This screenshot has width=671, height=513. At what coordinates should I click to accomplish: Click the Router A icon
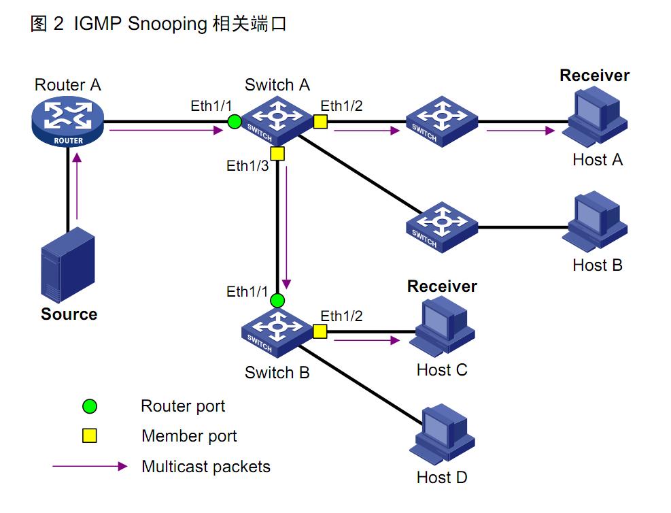point(68,123)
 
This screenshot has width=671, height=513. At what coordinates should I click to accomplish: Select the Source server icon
point(67,266)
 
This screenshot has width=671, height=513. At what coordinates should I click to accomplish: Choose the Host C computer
point(443,328)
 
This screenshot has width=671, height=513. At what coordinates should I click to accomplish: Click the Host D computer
point(443,435)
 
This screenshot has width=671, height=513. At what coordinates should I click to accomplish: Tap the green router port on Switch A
point(235,122)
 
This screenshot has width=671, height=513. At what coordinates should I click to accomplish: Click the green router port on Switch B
point(277,300)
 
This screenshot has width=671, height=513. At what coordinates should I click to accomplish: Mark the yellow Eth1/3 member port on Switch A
point(277,153)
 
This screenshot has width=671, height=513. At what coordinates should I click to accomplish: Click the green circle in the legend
point(89,407)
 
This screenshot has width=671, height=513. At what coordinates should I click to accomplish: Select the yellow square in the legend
point(89,436)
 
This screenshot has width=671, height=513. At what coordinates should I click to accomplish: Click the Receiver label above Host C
point(442,286)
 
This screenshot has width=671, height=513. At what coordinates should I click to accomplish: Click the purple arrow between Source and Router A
point(79,195)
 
